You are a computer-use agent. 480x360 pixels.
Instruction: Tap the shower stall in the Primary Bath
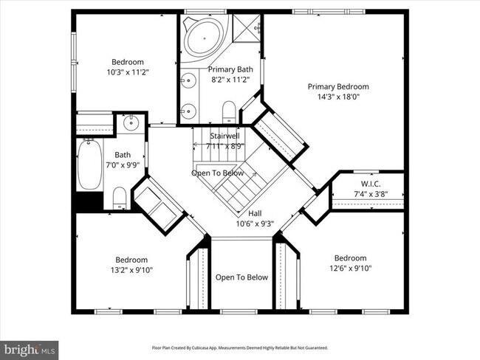247,28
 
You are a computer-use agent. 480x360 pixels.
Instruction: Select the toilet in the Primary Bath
229,112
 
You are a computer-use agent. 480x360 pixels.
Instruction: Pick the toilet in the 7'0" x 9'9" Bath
120,197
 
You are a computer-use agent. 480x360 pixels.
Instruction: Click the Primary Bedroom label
337,86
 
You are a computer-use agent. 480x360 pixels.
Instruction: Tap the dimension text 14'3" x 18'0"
337,96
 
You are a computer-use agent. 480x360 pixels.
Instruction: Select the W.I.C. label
370,184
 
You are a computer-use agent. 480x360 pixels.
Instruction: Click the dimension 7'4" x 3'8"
370,194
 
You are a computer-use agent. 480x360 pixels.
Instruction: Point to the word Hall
255,213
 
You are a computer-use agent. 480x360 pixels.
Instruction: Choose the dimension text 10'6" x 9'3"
255,224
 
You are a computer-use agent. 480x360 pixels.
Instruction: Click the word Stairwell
224,136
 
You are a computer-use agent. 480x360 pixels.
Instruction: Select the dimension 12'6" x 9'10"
350,268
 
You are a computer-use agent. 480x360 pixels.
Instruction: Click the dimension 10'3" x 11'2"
128,72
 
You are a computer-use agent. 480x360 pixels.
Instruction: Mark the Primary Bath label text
221,69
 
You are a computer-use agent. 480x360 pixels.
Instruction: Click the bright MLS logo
30,348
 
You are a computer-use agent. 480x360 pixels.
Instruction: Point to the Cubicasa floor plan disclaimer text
240,347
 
